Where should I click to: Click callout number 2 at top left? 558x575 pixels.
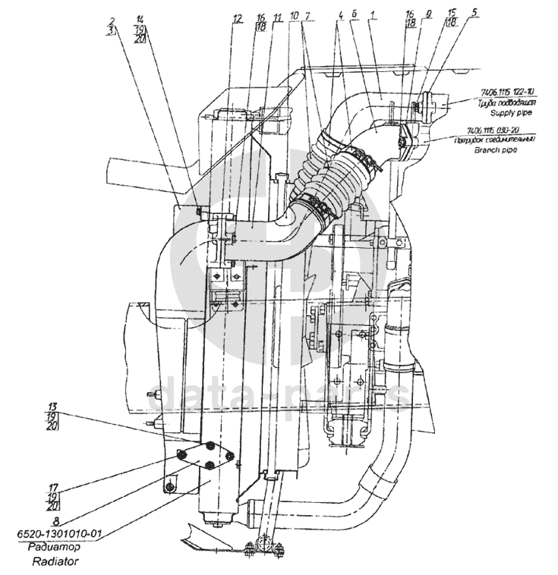(112, 20)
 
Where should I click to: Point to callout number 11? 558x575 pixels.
(278, 17)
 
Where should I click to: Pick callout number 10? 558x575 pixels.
(294, 17)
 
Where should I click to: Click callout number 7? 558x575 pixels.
(306, 17)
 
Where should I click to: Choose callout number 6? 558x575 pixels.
(355, 14)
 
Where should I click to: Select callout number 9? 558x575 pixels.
(429, 14)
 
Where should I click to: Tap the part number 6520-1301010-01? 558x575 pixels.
(59, 535)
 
